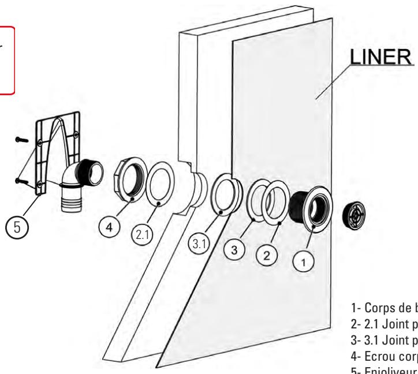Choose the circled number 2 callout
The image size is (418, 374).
[268, 253]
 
